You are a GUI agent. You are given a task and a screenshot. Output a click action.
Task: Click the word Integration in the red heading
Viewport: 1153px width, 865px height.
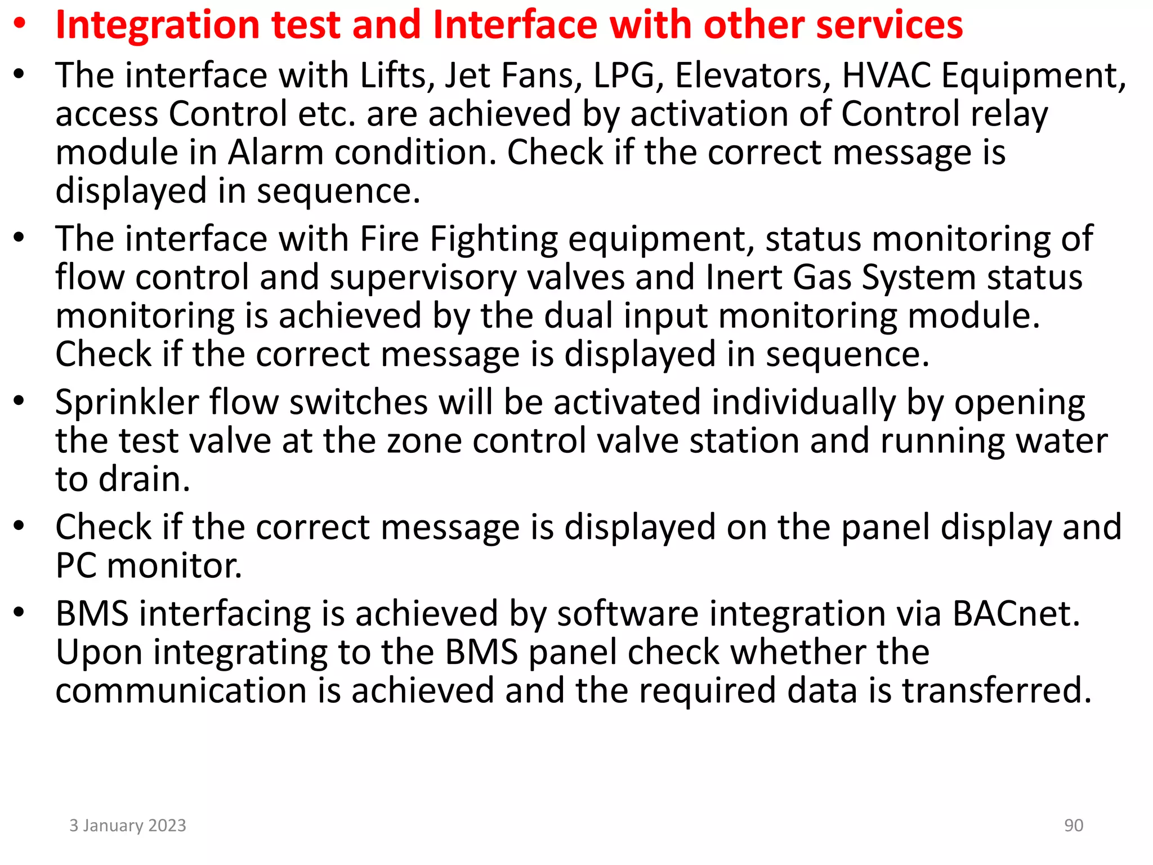coord(158,26)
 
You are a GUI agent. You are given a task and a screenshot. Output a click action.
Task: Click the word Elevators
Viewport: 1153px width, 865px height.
coord(752,75)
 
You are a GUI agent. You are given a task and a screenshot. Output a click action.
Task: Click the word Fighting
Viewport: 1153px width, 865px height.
coord(494,239)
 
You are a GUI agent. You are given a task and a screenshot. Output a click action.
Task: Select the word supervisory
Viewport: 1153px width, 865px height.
coord(423,278)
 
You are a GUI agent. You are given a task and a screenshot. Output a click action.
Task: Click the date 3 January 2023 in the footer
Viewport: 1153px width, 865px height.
coord(128,826)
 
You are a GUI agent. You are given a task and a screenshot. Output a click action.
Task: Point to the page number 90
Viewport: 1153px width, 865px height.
coord(1074,826)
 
